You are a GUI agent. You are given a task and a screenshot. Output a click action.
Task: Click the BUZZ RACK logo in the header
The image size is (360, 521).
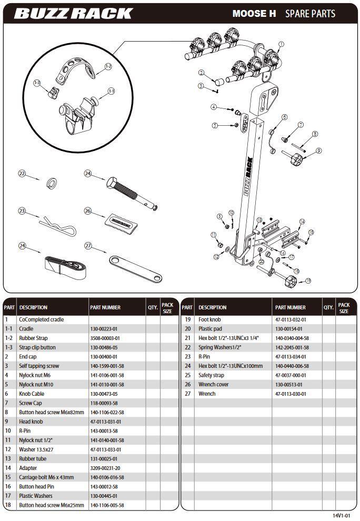click(x=73, y=13)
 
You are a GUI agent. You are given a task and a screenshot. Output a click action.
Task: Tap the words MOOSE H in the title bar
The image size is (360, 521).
click(x=254, y=14)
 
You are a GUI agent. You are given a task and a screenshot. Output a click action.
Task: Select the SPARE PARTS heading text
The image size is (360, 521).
click(x=310, y=14)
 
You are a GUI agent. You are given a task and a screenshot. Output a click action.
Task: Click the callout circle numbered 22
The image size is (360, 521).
click(x=22, y=174)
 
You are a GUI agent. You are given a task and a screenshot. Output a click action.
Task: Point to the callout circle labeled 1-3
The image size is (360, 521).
click(x=37, y=83)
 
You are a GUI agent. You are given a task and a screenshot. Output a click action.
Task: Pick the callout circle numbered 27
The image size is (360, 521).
click(x=88, y=246)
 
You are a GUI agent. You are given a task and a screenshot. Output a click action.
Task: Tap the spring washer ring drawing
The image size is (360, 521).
click(x=52, y=183)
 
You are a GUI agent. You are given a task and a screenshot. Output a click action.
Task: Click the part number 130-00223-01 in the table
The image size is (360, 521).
click(x=103, y=328)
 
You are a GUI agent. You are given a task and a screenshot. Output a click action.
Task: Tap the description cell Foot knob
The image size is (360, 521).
click(x=209, y=319)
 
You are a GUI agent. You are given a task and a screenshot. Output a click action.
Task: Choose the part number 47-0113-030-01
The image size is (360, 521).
click(x=290, y=394)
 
